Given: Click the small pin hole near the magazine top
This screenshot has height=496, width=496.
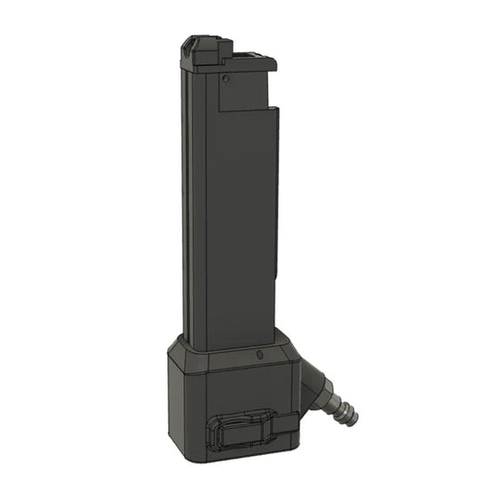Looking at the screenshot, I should click(x=226, y=80).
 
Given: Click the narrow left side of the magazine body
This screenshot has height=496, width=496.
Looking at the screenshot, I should click(x=185, y=205).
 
